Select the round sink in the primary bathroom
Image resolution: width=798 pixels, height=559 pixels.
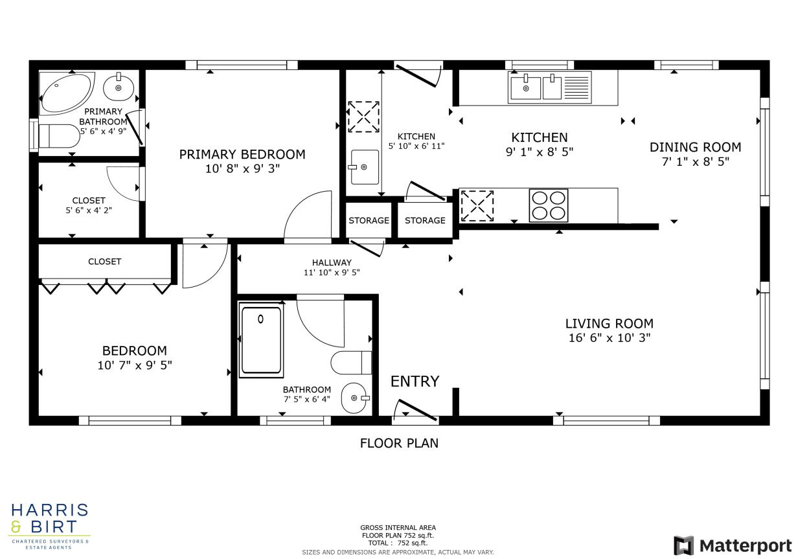click(119, 87)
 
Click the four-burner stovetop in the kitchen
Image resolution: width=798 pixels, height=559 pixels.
click(548, 205)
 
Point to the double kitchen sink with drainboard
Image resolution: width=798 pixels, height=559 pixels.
click(550, 87)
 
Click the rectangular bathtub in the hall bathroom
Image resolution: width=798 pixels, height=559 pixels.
click(261, 341)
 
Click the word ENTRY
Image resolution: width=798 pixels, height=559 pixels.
click(415, 382)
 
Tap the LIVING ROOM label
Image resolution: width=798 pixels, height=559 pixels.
click(609, 323)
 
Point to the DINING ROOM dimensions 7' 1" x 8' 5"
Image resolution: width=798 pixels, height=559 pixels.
click(695, 161)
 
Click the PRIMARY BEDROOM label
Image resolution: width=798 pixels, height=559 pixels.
click(242, 154)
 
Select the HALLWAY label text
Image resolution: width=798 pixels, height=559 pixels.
click(332, 262)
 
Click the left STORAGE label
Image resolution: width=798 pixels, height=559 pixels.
click(369, 220)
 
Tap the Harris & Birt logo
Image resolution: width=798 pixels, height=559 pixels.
click(49, 525)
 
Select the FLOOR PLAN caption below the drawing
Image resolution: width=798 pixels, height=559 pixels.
click(399, 443)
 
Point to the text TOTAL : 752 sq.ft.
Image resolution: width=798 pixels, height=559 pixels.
click(398, 543)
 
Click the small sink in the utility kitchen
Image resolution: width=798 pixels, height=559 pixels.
click(363, 166)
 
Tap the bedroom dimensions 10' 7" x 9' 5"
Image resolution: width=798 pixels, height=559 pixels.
click(135, 365)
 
